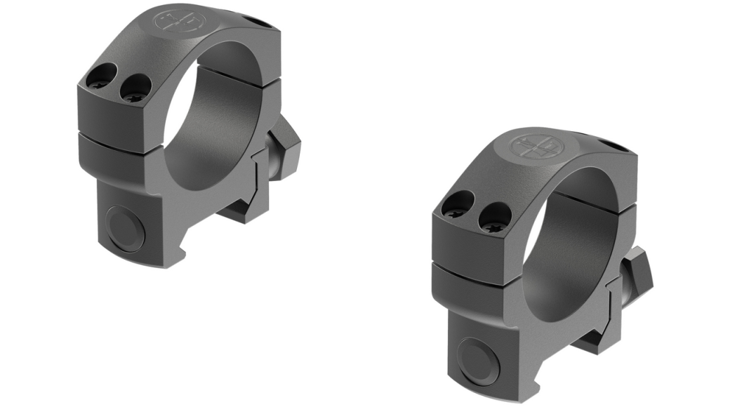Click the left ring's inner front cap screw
point(135,87)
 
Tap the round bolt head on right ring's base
point(479,359)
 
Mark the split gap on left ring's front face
point(116,138)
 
